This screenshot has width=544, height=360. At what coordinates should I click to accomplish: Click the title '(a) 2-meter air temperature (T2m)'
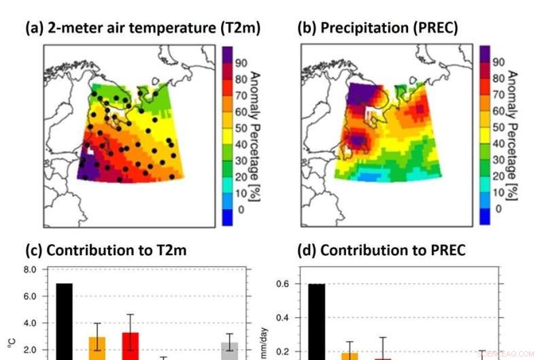pyautogui.click(x=143, y=28)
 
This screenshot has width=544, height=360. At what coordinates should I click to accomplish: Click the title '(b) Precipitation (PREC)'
pyautogui.click(x=377, y=28)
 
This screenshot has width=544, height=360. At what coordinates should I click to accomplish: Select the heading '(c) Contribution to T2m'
pyautogui.click(x=105, y=250)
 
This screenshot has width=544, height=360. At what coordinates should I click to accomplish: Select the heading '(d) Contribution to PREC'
pyautogui.click(x=383, y=250)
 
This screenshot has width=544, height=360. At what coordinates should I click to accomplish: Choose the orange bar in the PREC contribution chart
pyautogui.click(x=349, y=356)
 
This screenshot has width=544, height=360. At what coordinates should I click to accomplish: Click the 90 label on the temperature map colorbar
pyautogui.click(x=241, y=63)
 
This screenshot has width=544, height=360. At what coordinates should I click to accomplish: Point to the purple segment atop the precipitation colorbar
pyautogui.click(x=484, y=53)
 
